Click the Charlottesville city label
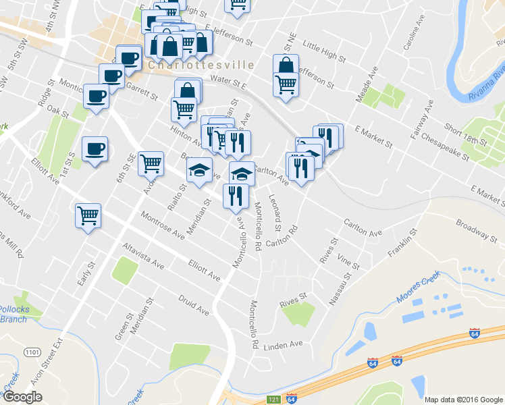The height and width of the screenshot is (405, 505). coord(200,65)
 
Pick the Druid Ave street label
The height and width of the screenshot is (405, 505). coord(194,304)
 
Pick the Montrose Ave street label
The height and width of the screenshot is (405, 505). coord(163,226)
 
